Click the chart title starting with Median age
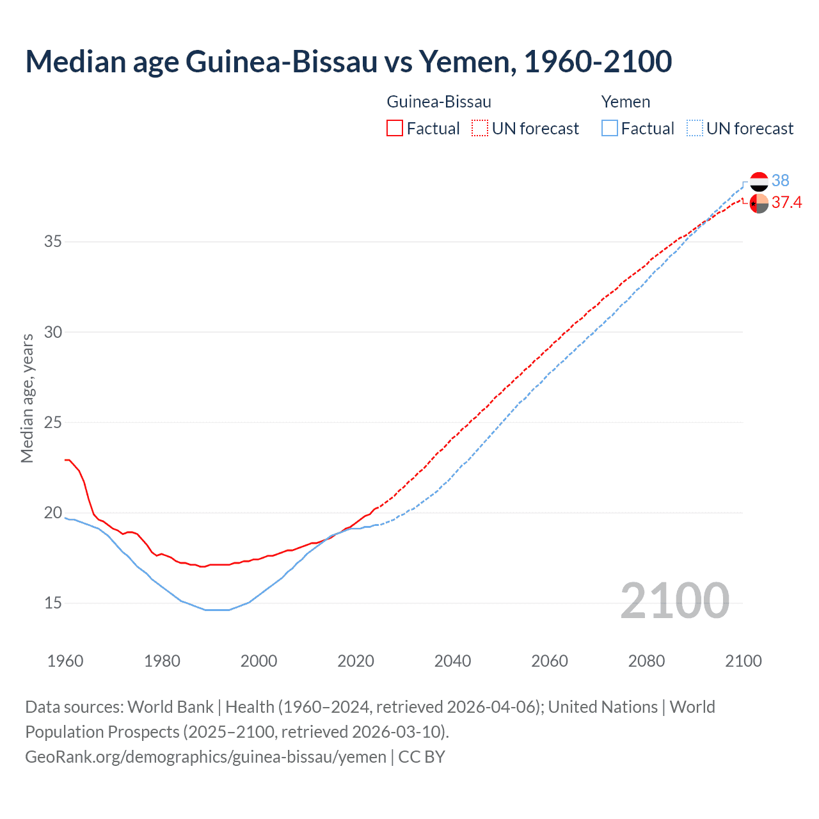tap(349, 61)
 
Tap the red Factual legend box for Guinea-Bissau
tap(395, 129)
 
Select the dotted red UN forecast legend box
tap(480, 129)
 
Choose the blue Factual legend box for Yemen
tap(610, 129)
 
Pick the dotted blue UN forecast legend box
tap(694, 129)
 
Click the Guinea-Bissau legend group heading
tap(439, 102)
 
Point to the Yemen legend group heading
tap(626, 102)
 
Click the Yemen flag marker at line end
tap(759, 182)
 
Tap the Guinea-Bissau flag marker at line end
tap(759, 203)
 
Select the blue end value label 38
tap(780, 181)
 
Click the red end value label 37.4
tap(786, 203)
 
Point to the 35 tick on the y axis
tap(53, 242)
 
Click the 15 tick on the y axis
tap(53, 603)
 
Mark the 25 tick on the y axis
tap(53, 422)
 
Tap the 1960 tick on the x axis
tap(65, 661)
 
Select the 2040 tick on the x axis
tap(452, 661)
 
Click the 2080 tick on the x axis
tap(646, 661)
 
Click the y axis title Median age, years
tap(27, 398)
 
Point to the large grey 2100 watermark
tap(674, 601)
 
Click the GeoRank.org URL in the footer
tap(205, 757)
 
